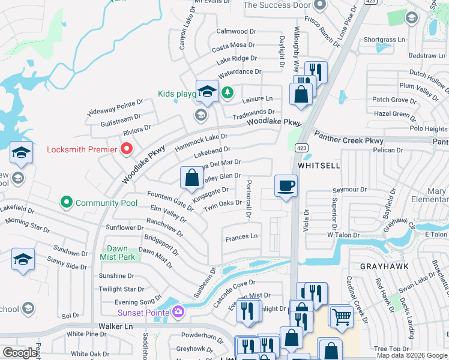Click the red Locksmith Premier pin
[x=127, y=148]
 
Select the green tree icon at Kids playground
[x=227, y=93]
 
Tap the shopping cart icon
[x=342, y=316]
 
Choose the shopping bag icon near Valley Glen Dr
[x=191, y=177]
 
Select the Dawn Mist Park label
[x=121, y=253]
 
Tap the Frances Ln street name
[x=241, y=237]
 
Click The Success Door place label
[x=277, y=5]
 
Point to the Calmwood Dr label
[x=236, y=31]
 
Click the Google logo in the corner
[x=20, y=353]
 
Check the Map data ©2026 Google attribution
[x=411, y=355]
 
